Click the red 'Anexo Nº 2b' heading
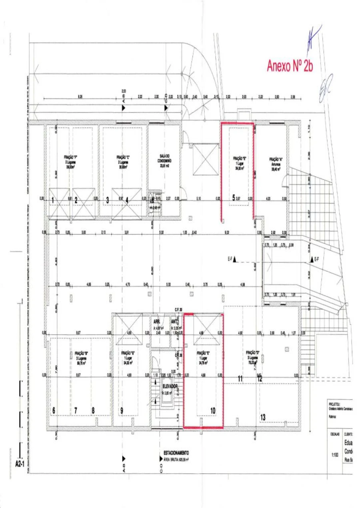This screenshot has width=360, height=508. coord(290,66)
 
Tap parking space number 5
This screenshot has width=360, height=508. coord(234,197)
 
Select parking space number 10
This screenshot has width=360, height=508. coord(213,410)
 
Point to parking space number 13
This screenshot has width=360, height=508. coord(263,417)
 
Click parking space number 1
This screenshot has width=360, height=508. coord(53,199)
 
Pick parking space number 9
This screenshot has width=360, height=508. coord(122,410)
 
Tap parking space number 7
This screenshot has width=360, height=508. coord(75,410)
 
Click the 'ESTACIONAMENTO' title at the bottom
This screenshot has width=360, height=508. coord(176,452)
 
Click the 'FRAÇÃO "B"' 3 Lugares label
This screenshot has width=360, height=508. coord(81,356)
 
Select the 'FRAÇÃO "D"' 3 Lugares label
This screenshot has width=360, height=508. coord(253,355)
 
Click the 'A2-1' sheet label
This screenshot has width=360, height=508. coord(21,464)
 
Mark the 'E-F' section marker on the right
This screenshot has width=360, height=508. coord(315,259)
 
